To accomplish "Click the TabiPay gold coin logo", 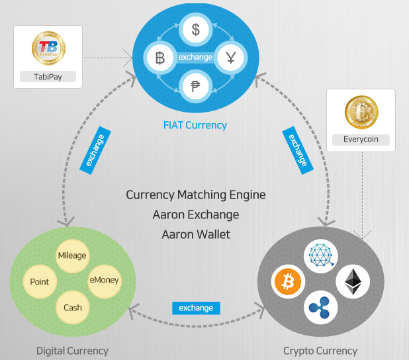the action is point(48,48).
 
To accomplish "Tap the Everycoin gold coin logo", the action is point(361,112).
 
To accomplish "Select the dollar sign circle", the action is point(196,29).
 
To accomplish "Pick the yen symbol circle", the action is point(231,58).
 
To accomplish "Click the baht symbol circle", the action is point(160,58).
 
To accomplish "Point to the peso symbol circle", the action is point(196,86).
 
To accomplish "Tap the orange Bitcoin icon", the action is point(288,282).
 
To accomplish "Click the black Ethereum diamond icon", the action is point(353,282).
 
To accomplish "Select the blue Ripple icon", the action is point(320,308).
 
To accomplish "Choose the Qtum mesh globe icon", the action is point(321,255).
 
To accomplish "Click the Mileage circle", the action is point(72,255).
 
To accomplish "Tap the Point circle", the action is point(40,282).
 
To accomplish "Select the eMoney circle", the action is point(105,281).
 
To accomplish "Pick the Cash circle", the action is point(73,308).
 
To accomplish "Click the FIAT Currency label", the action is point(195,126).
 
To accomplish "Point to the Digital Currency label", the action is point(72,351).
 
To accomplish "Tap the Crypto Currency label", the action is point(320,351).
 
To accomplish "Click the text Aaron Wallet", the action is point(196,234).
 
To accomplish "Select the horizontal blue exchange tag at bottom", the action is point(196,308).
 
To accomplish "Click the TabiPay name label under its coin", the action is point(48,77).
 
